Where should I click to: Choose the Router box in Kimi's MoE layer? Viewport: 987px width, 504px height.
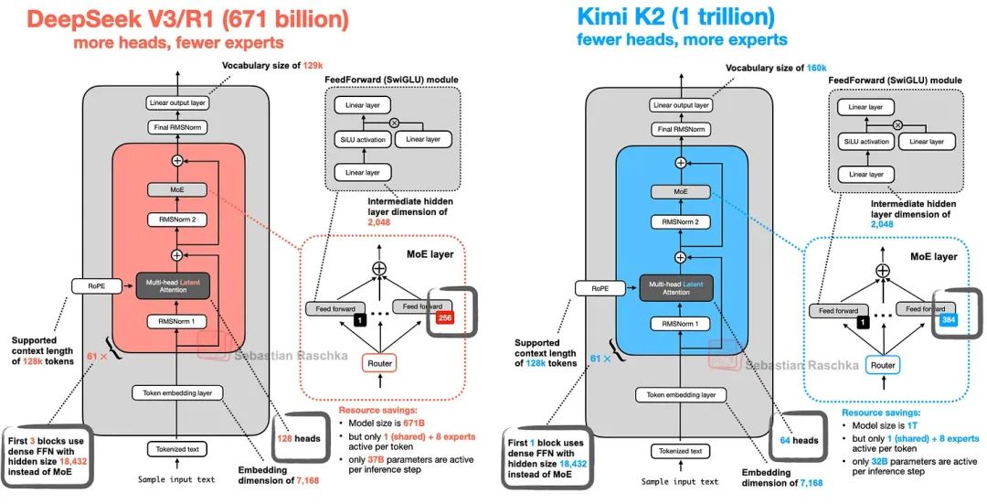pyautogui.click(x=882, y=364)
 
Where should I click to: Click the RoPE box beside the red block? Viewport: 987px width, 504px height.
pyautogui.click(x=95, y=287)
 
